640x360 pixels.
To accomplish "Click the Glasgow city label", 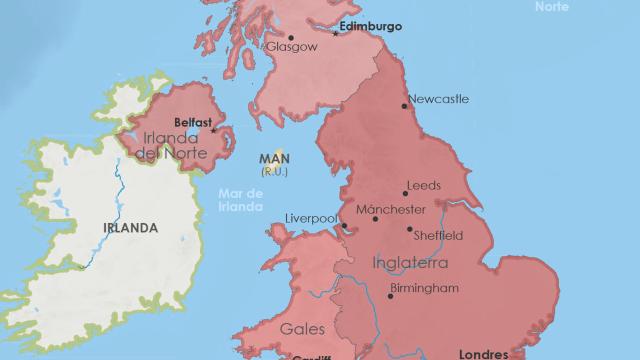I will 292,47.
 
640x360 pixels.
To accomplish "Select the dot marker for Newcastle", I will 404,104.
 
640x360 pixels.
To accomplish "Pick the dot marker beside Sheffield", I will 409,229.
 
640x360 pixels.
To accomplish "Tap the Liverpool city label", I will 311,218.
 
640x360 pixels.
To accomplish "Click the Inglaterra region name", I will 410,263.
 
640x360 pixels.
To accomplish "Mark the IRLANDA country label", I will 130,227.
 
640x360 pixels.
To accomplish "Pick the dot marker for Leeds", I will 406,192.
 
